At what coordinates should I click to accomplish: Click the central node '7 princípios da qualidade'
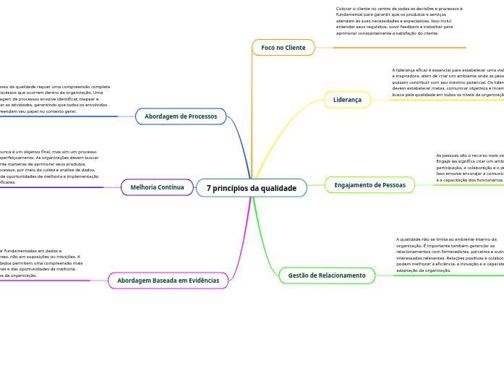251,188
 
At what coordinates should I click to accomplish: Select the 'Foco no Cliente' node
283,48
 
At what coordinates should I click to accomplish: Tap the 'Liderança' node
347,100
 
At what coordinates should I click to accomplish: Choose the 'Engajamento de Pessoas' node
370,185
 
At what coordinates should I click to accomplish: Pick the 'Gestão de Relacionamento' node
327,275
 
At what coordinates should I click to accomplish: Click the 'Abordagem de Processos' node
181,116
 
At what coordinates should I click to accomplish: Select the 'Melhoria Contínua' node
157,187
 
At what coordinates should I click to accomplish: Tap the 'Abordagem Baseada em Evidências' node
168,280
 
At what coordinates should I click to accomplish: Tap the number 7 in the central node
209,188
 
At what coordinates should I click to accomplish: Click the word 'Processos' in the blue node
200,116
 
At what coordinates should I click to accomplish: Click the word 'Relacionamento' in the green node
341,275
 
